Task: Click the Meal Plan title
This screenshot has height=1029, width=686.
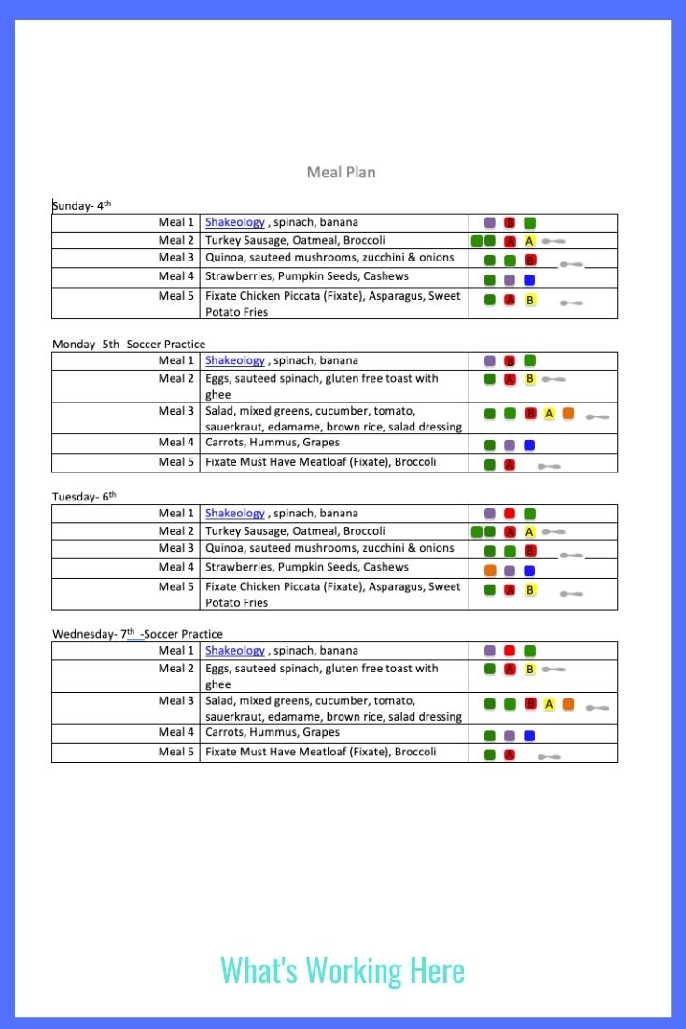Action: tap(341, 172)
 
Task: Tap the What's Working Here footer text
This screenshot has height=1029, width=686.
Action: tap(343, 970)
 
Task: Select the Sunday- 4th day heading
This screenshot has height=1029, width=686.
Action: tap(82, 205)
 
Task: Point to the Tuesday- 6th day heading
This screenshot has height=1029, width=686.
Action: tap(84, 497)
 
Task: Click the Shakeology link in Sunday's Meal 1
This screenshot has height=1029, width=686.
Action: tap(235, 223)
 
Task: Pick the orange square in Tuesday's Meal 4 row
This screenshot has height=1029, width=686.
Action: tap(490, 571)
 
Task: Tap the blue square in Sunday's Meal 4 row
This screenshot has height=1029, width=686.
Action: tap(529, 280)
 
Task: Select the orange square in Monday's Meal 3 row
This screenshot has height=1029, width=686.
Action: tap(568, 414)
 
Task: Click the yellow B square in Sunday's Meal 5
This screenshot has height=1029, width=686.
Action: tap(529, 300)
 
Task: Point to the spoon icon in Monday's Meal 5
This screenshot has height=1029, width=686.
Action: tap(549, 465)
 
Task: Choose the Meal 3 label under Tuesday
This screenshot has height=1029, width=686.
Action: tap(176, 548)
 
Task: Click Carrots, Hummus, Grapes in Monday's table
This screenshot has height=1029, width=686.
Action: tap(273, 443)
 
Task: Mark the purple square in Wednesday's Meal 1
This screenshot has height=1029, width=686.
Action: tap(490, 651)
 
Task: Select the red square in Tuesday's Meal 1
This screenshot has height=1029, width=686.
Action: tap(510, 513)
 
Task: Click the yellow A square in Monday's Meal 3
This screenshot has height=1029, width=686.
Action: tap(549, 414)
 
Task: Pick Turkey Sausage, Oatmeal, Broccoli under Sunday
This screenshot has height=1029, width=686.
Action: tap(295, 240)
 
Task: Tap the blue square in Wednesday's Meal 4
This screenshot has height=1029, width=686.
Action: tap(529, 736)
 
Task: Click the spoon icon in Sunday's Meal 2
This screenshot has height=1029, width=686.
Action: tap(553, 241)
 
